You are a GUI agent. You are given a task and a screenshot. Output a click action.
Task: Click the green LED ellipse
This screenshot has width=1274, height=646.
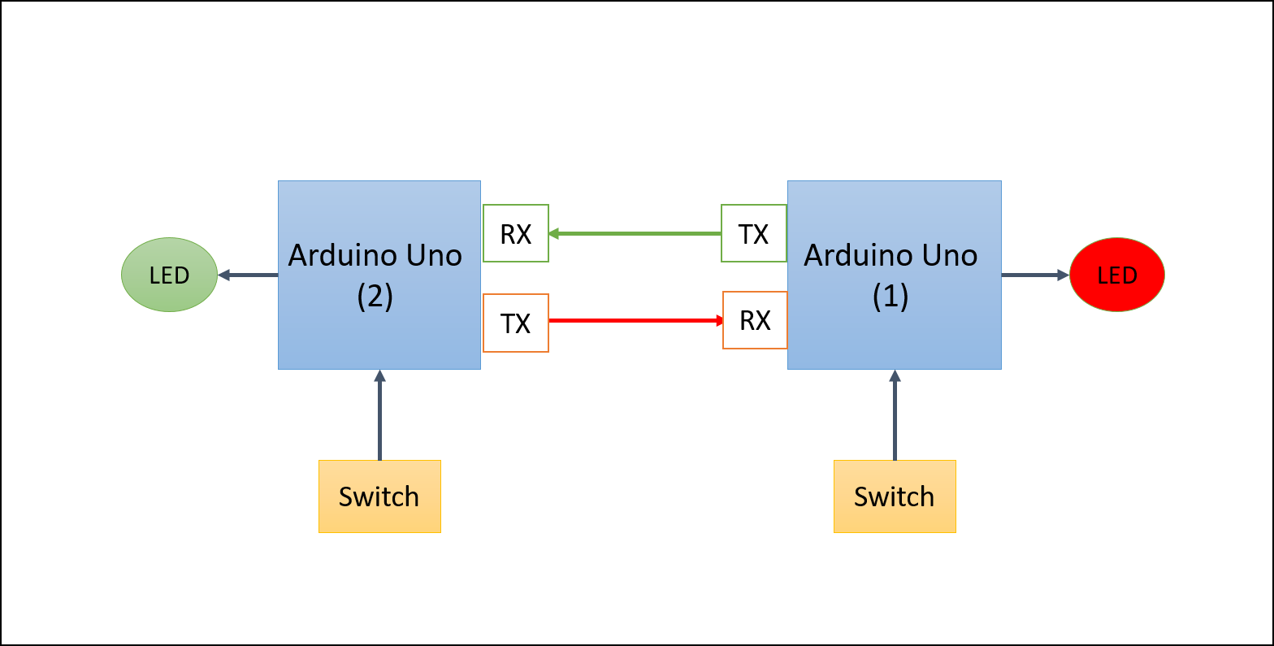(x=169, y=275)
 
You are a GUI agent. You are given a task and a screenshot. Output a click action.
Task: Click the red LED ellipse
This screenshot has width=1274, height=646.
(x=1117, y=275)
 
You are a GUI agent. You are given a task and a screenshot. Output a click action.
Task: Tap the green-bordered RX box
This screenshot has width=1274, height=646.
(x=516, y=233)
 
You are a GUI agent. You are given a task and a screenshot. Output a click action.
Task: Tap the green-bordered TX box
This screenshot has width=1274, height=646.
(x=753, y=233)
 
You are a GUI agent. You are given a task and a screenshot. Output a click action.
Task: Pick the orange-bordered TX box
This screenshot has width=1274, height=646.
(x=516, y=323)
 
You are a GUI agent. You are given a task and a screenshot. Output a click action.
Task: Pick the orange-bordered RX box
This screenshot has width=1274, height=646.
(x=755, y=320)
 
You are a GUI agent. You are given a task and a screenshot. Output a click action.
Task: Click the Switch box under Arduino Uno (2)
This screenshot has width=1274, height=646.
(x=379, y=496)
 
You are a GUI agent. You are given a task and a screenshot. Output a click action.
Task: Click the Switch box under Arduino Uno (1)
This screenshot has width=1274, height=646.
(x=895, y=496)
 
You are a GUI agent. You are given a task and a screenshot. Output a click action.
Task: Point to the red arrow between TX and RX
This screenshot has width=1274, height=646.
(x=634, y=321)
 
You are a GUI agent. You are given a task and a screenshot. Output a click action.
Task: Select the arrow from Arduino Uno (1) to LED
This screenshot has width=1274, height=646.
(x=1033, y=275)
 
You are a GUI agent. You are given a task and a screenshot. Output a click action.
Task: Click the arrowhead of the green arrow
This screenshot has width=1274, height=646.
(x=554, y=234)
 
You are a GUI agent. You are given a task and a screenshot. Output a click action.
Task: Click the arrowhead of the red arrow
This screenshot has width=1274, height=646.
(x=719, y=321)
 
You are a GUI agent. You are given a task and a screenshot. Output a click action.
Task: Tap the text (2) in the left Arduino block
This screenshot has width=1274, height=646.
(x=375, y=297)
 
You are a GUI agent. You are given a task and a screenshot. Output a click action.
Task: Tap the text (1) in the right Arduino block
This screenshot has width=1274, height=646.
(x=890, y=297)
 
